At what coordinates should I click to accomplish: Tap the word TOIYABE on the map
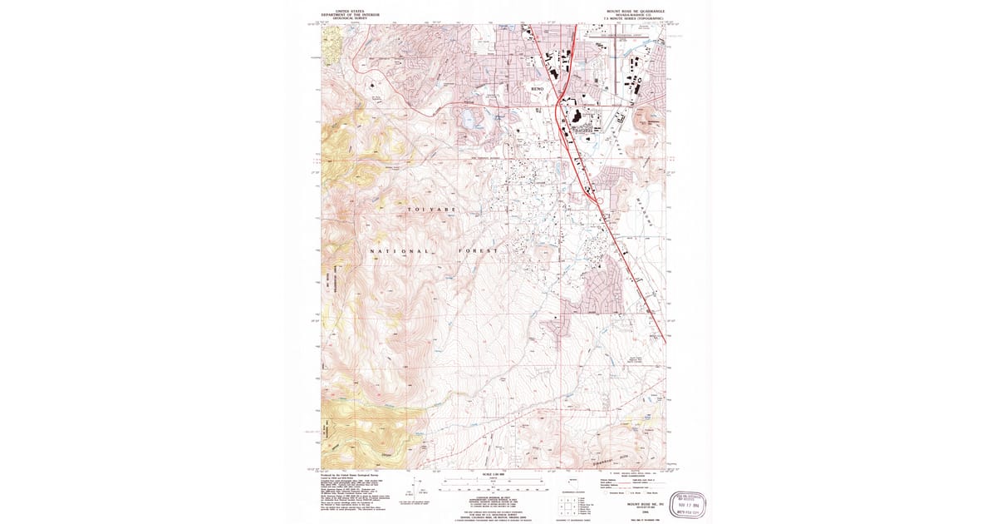point(431,210)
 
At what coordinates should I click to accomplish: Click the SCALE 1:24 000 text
point(494,475)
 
